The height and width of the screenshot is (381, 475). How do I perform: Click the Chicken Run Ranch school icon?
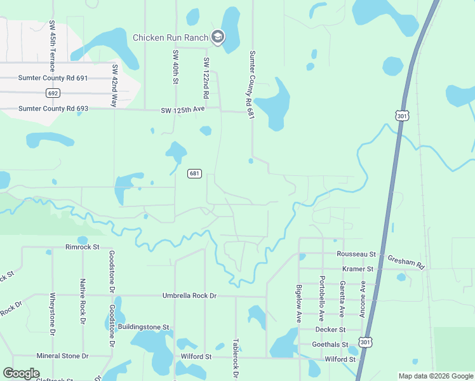tap(218, 37)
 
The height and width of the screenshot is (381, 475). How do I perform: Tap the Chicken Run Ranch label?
tap(170, 37)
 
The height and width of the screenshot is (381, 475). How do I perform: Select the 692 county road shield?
tap(53, 93)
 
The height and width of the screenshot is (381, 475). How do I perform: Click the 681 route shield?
tap(195, 173)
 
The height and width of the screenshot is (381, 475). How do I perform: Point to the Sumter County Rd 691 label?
tap(53, 78)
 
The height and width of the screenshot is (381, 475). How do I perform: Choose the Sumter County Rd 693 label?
tap(53, 109)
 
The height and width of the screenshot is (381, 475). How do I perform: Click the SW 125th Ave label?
tap(183, 110)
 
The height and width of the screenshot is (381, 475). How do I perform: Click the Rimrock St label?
tap(83, 246)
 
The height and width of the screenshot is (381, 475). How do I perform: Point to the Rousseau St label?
tap(356, 254)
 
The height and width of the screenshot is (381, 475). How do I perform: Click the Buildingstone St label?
tap(144, 327)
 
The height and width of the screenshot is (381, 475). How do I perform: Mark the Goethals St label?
tap(330, 344)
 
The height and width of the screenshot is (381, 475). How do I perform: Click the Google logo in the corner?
tap(22, 373)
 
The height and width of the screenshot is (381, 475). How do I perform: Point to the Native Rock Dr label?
tap(83, 301)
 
